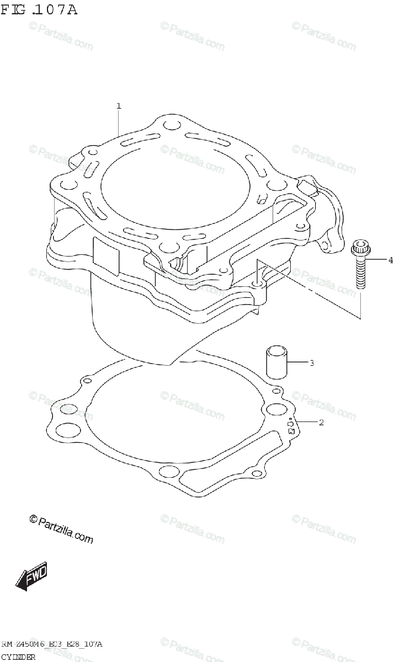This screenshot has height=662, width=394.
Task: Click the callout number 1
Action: [119, 106]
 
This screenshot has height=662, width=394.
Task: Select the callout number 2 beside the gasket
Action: [321, 423]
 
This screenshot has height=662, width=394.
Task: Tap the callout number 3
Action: [312, 362]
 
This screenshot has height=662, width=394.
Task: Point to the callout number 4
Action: [391, 260]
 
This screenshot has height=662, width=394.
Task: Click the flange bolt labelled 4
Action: [360, 264]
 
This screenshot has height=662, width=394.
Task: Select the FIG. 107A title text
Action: [39, 10]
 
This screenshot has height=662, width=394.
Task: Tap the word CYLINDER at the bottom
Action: [18, 657]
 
